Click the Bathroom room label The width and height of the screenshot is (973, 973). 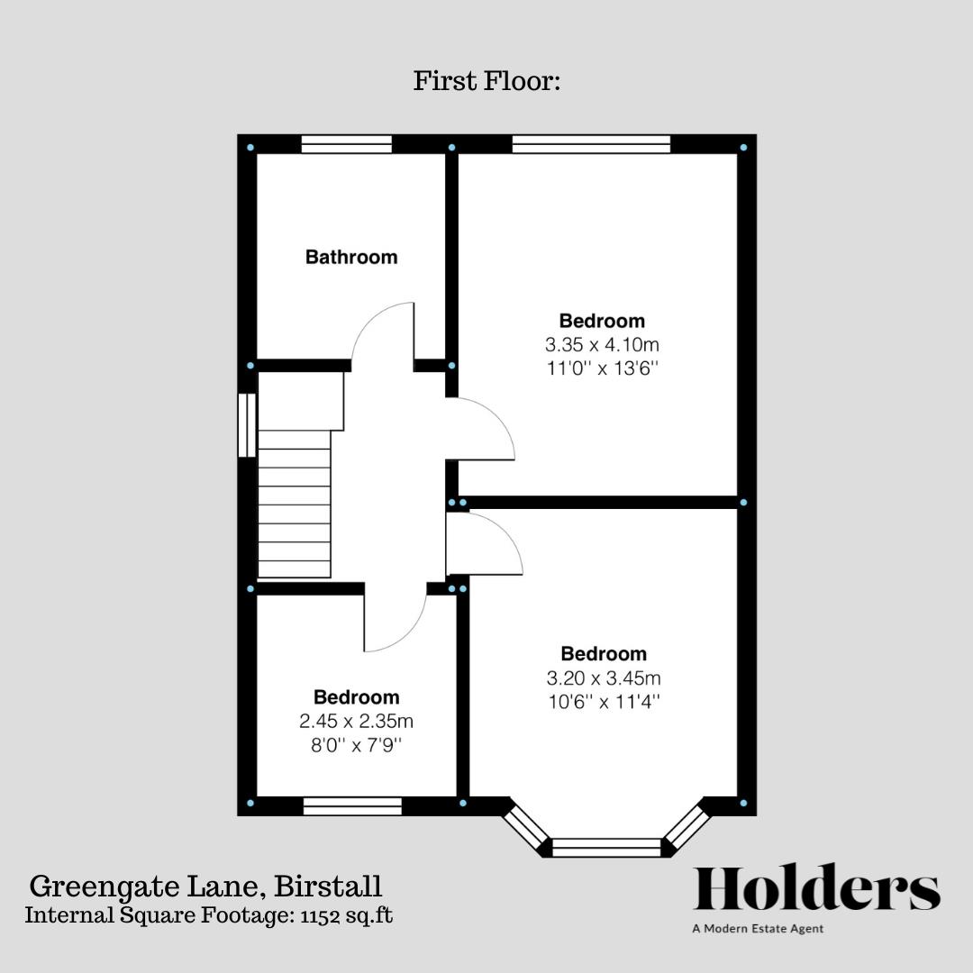point(351,258)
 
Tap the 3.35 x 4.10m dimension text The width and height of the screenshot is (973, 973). point(602,344)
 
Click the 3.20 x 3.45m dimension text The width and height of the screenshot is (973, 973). point(604,678)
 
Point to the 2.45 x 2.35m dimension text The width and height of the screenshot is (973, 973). point(356,721)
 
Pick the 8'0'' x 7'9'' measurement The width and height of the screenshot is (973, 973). point(356,744)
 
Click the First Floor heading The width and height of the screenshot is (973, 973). point(487,81)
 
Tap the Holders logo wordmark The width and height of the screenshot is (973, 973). point(816,889)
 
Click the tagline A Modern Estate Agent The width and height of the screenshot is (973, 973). point(758,929)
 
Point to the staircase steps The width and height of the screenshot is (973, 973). point(295,505)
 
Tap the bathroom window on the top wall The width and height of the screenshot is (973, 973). point(347,144)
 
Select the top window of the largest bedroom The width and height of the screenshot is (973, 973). point(592,144)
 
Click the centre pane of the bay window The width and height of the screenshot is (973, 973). point(606,847)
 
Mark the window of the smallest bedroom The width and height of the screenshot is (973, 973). point(352,806)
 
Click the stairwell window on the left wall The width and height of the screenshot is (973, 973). point(247,424)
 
